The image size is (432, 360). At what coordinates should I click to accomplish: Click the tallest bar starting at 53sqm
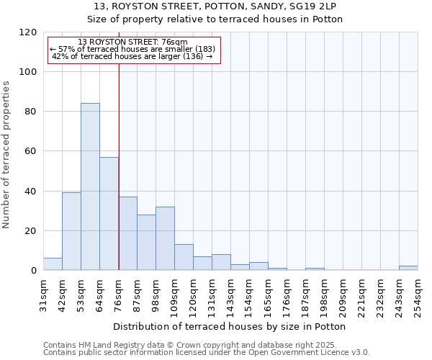(x=90, y=187)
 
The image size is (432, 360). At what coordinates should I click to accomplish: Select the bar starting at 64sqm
(x=109, y=214)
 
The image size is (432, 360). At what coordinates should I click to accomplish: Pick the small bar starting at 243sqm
(x=408, y=268)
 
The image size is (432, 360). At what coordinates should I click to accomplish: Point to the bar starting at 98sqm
(x=165, y=239)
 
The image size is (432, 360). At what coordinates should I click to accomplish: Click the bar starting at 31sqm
(x=53, y=264)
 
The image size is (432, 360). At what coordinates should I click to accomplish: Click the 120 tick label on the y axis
(x=28, y=32)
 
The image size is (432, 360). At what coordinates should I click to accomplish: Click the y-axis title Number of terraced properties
(x=6, y=155)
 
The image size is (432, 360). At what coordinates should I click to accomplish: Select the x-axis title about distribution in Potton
(x=230, y=327)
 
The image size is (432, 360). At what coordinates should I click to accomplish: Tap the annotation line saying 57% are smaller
(x=132, y=49)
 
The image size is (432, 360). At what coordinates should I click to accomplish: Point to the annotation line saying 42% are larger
(x=132, y=56)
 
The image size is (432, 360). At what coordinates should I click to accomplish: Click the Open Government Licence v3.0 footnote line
(x=207, y=353)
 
